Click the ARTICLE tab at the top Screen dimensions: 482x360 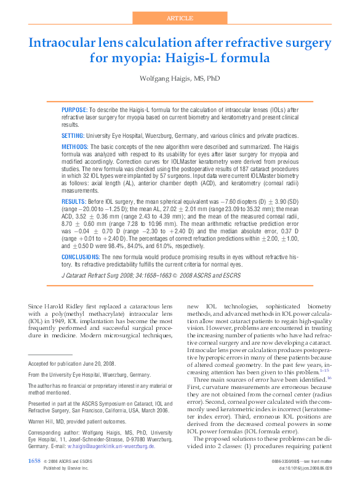click(179, 18)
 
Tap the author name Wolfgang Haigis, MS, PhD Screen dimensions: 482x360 click(180, 79)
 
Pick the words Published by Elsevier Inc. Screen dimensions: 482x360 click(67, 468)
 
